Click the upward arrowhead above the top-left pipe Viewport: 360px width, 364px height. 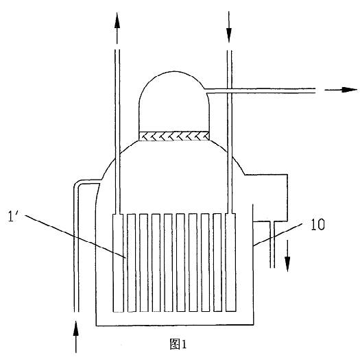[117, 21]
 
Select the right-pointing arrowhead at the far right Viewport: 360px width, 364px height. [349, 90]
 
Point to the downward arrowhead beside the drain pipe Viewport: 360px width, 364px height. [287, 264]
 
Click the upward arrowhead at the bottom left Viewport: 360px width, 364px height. [75, 328]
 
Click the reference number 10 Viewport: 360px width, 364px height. [317, 224]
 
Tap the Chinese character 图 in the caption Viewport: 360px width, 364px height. [175, 344]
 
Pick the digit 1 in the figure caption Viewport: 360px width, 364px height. [184, 344]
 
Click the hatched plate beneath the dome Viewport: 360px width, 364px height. [174, 136]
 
